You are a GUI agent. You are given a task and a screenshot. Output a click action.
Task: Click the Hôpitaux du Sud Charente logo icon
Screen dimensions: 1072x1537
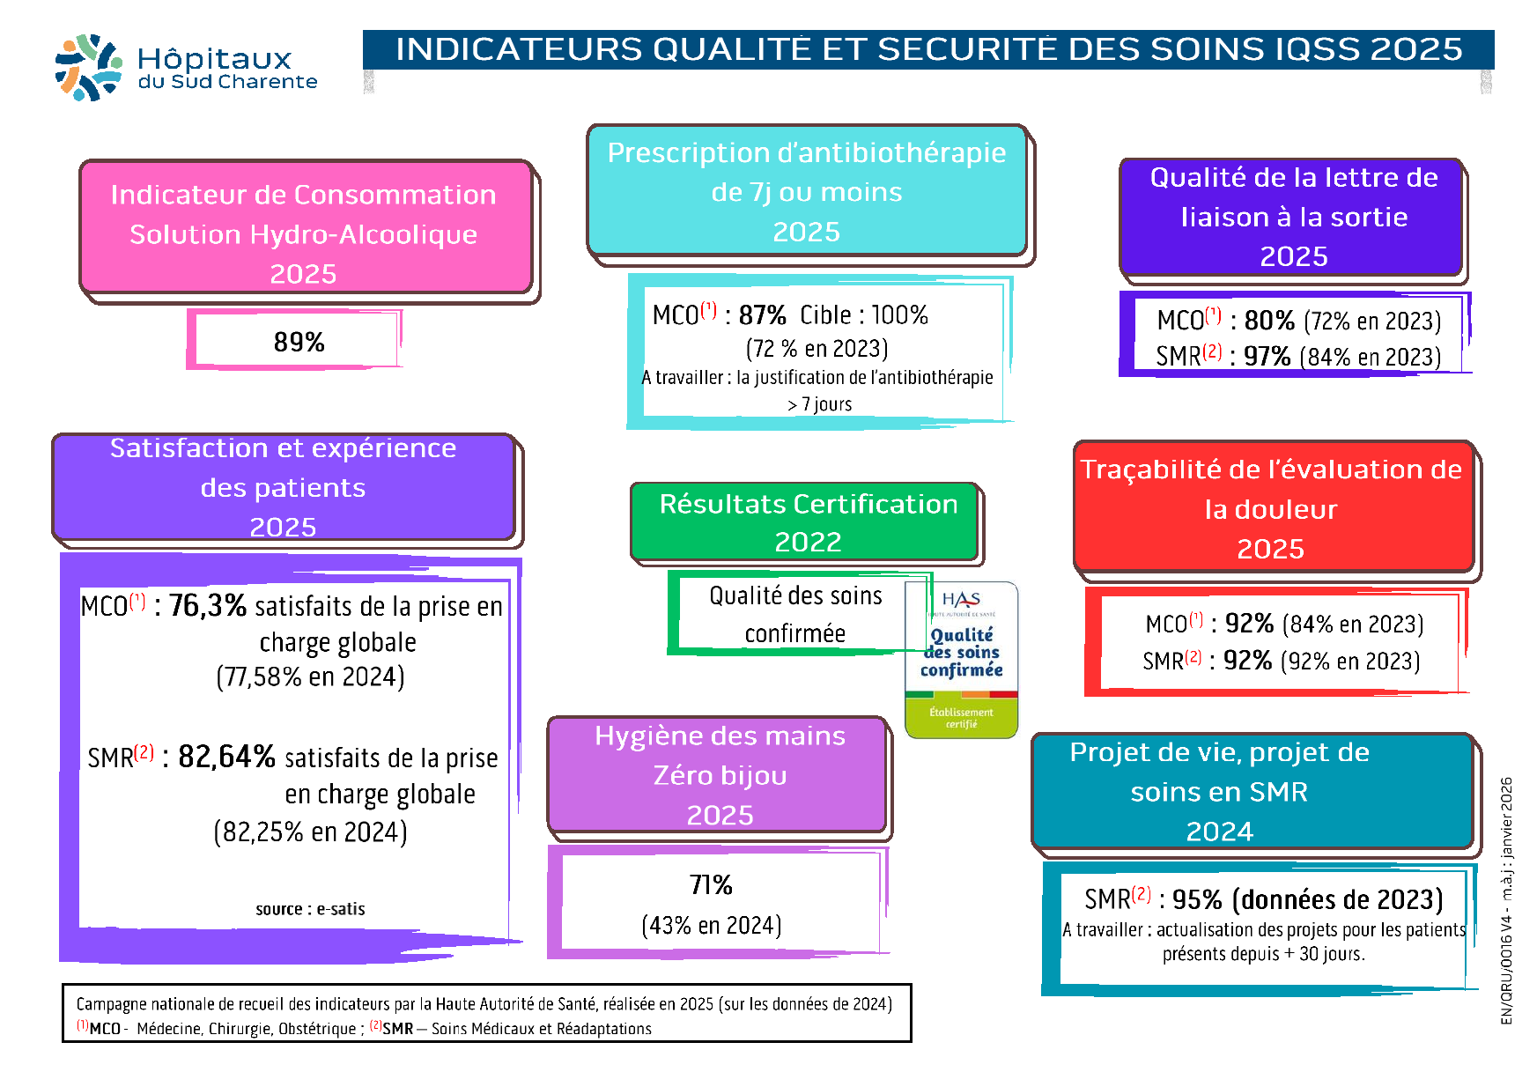tap(88, 67)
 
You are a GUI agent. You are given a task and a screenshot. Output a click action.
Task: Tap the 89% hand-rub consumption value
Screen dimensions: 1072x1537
tap(299, 342)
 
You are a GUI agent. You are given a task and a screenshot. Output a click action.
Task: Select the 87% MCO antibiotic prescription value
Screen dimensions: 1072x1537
tap(762, 314)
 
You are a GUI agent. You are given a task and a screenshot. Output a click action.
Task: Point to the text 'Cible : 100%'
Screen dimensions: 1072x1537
tap(863, 314)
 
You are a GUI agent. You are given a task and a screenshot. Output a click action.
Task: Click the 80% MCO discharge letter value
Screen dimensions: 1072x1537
tap(1269, 320)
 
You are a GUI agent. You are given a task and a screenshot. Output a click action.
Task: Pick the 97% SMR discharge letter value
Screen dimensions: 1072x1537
tap(1267, 357)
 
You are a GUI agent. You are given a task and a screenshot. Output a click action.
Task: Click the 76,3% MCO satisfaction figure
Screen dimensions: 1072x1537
tap(208, 605)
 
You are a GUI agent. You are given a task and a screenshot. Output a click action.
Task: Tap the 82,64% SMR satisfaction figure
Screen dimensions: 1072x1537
tap(227, 757)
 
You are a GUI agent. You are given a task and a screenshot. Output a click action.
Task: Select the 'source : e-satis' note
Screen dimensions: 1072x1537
tap(310, 909)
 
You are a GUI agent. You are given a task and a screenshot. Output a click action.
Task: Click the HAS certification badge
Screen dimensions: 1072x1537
tap(961, 659)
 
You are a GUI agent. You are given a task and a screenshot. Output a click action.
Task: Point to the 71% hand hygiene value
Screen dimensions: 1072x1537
tap(711, 884)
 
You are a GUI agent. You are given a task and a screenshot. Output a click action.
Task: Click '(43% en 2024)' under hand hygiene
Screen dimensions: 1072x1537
tap(712, 925)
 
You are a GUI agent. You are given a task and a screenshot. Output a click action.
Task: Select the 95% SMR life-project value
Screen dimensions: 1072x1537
tap(1197, 899)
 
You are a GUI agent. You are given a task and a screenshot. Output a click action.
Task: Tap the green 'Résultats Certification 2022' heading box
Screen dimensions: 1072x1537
tap(807, 522)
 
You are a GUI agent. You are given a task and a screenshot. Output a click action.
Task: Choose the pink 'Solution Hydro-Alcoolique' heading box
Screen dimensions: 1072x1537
tap(304, 233)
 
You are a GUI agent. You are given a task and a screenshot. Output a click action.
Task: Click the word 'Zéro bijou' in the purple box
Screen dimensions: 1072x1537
tap(720, 775)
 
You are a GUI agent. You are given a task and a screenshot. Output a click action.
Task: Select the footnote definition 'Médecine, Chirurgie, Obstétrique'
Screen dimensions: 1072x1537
tap(246, 1029)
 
